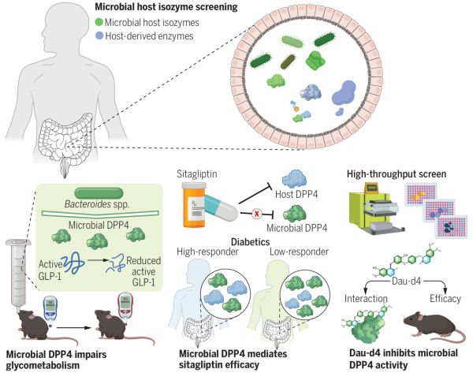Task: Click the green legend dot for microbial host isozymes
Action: point(99,22)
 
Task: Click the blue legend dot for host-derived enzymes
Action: point(99,36)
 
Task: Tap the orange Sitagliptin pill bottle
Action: point(194,205)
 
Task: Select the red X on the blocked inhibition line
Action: point(257,214)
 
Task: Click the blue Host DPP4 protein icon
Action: point(294,179)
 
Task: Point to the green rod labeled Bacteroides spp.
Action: point(99,193)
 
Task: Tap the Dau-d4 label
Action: point(406,282)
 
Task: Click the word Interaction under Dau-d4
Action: point(366,298)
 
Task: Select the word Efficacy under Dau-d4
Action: point(445,298)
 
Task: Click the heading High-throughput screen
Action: point(397,174)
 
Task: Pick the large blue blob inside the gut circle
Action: point(344,93)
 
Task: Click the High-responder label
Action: point(207,252)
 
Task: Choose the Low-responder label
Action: point(299,252)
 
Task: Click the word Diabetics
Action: point(250,242)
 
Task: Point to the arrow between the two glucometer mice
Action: point(74,327)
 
